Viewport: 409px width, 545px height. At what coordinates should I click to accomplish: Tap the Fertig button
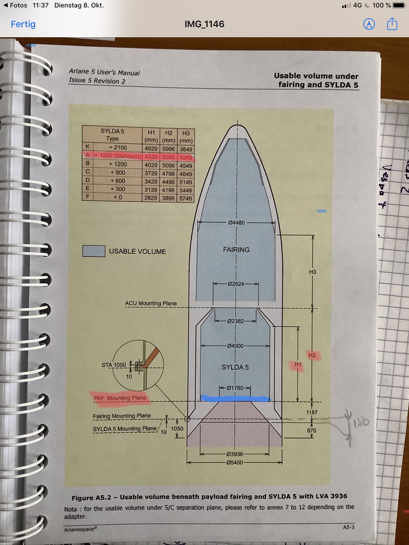click(x=23, y=24)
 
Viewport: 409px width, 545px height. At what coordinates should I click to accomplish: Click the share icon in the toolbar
click(x=393, y=24)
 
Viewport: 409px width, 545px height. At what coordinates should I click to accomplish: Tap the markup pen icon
click(x=369, y=24)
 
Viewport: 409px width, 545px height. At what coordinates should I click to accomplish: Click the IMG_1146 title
click(x=204, y=24)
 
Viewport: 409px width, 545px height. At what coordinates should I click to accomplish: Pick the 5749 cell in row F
click(x=185, y=198)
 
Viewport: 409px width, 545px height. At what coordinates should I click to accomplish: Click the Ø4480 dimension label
click(x=237, y=223)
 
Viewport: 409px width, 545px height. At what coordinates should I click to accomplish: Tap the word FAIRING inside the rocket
click(x=236, y=249)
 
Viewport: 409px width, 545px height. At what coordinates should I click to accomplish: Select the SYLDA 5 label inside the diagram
click(x=236, y=367)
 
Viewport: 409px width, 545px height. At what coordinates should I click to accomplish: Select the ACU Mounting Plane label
click(x=151, y=303)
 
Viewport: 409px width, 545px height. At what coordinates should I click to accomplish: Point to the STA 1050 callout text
click(x=113, y=365)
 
